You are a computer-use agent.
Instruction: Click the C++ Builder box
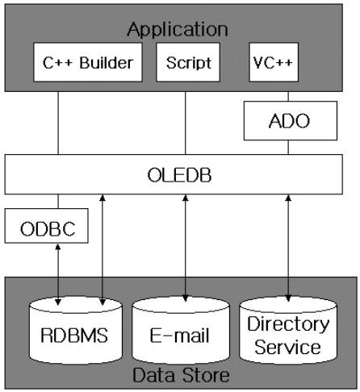[x=88, y=62]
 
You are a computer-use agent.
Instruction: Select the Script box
[x=188, y=62]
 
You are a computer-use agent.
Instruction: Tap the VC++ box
[x=274, y=62]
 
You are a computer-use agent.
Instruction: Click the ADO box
[x=291, y=121]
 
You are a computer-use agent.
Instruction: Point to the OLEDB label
[x=179, y=175]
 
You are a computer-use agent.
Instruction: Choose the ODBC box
[x=46, y=226]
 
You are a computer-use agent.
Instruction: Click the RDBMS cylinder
[x=76, y=331]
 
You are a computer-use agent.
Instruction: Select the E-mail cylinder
[x=181, y=331]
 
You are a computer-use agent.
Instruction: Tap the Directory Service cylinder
[x=288, y=331]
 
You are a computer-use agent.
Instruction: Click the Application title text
[x=178, y=29]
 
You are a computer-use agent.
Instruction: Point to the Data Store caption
[x=181, y=375]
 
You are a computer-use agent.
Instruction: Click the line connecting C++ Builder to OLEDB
[x=58, y=123]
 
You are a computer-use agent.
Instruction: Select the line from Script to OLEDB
[x=185, y=123]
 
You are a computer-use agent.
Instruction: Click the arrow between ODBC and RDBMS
[x=58, y=274]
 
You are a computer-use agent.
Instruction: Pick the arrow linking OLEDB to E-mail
[x=185, y=248]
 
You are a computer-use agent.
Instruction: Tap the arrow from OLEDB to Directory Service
[x=288, y=248]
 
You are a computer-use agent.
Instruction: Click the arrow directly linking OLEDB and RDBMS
[x=103, y=250]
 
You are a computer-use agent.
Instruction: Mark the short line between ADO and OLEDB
[x=288, y=148]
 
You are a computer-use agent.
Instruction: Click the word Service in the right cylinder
[x=287, y=347]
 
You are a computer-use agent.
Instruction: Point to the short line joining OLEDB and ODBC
[x=58, y=202]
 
